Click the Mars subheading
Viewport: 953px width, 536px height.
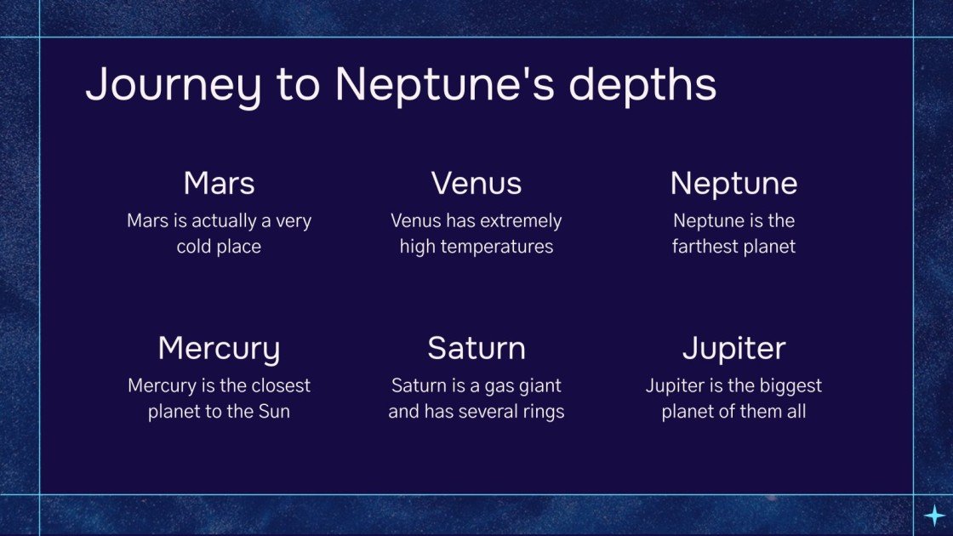pyautogui.click(x=219, y=183)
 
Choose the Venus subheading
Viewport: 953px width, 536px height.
pyautogui.click(x=476, y=183)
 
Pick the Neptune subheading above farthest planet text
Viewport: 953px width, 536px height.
pyautogui.click(x=733, y=183)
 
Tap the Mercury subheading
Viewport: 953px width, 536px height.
pyautogui.click(x=219, y=348)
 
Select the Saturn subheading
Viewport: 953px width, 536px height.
pyautogui.click(x=476, y=348)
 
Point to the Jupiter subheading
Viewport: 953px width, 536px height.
pyautogui.click(x=733, y=348)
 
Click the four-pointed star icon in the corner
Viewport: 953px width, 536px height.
pyautogui.click(x=934, y=515)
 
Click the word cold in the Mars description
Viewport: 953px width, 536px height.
pyautogui.click(x=195, y=247)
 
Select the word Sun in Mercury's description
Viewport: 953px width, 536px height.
pyautogui.click(x=273, y=412)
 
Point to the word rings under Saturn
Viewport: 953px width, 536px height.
pyautogui.click(x=541, y=412)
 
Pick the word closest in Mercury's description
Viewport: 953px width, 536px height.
pyautogui.click(x=279, y=385)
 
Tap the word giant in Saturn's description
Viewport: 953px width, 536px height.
pyautogui.click(x=538, y=385)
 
